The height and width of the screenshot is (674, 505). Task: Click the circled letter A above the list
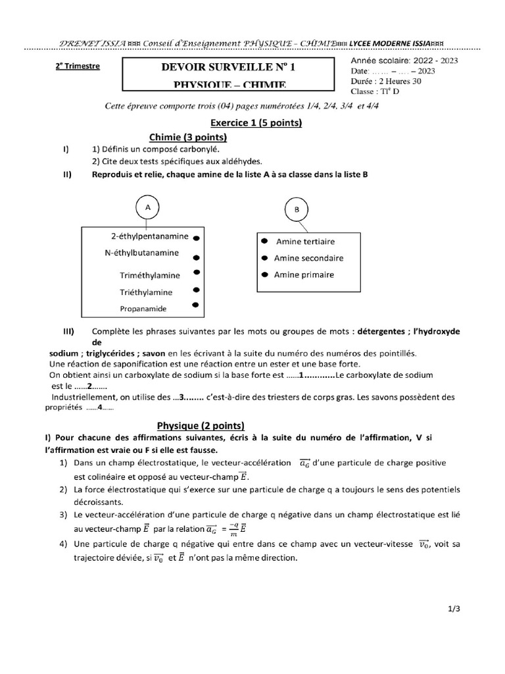click(148, 207)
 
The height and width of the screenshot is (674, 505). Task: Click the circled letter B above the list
click(296, 210)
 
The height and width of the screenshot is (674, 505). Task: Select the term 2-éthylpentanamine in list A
click(150, 236)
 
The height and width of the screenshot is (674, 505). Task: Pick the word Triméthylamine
click(150, 275)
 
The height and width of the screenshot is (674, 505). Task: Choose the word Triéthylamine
click(146, 292)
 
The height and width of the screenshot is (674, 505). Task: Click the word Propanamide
click(143, 308)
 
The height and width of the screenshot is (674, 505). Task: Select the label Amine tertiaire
click(305, 242)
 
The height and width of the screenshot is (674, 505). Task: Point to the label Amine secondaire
click(308, 258)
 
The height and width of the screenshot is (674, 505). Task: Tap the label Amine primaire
click(304, 274)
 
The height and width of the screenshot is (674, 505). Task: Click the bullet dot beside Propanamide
click(195, 305)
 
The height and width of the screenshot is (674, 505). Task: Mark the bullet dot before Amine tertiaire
click(264, 241)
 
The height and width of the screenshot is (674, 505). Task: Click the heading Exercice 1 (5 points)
click(256, 122)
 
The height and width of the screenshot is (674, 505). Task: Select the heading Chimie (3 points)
click(188, 137)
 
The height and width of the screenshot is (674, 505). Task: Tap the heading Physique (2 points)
click(200, 425)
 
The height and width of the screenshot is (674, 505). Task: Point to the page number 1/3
click(454, 609)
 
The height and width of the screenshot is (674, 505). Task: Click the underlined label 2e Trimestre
click(78, 66)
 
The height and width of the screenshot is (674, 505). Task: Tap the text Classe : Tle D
click(375, 91)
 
